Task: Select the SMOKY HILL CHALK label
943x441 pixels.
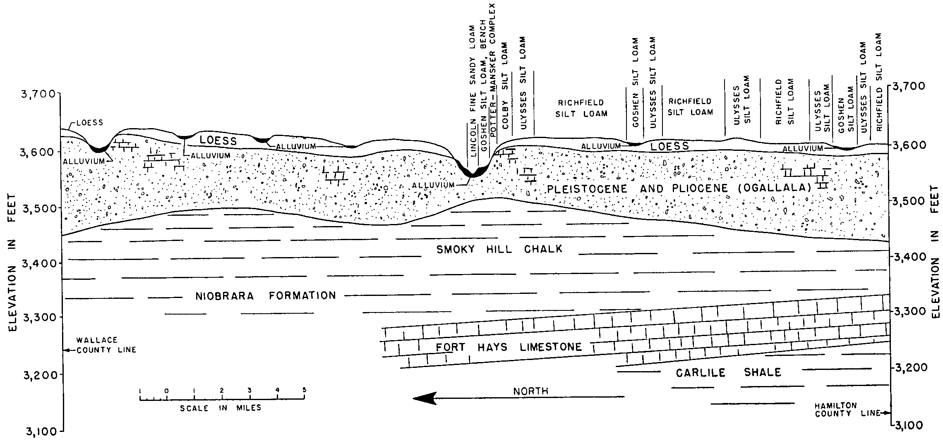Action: [499, 249]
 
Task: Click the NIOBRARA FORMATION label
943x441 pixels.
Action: [266, 296]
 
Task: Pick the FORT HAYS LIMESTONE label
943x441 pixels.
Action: [509, 347]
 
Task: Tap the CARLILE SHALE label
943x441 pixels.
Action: [728, 373]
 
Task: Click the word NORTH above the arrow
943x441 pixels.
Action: [531, 391]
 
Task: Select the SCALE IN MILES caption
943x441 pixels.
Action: [221, 408]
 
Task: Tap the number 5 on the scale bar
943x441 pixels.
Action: [305, 390]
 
